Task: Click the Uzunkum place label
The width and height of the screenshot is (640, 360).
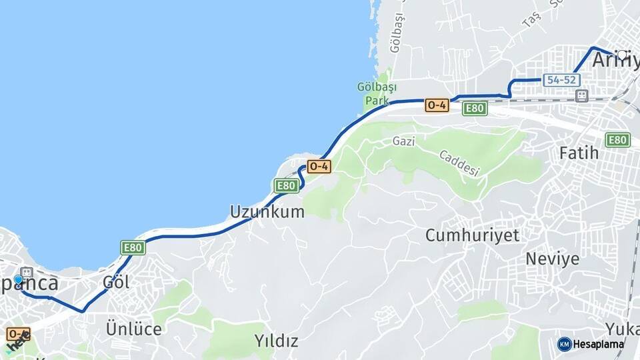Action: (x=267, y=212)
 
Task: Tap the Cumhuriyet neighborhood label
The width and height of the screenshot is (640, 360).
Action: (x=473, y=235)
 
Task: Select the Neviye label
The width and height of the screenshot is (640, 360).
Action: (x=553, y=259)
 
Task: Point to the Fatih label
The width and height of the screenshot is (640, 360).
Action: (x=579, y=153)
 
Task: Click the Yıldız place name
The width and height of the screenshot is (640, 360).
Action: (x=276, y=341)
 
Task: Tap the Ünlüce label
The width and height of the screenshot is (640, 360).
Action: (x=133, y=329)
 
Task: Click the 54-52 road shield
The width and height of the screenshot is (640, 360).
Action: (x=560, y=80)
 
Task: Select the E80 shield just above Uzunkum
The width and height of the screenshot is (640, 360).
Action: (x=287, y=185)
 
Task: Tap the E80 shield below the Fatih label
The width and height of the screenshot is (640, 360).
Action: (x=617, y=140)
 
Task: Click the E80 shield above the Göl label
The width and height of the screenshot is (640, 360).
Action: (x=133, y=248)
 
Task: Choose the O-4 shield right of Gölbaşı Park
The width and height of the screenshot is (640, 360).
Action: (x=437, y=105)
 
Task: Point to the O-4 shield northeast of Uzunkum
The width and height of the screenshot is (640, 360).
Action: (x=319, y=167)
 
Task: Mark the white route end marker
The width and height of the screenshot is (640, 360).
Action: (x=622, y=55)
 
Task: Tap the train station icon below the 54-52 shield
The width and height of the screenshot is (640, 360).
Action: (x=582, y=97)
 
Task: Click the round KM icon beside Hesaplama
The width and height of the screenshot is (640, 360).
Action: (x=565, y=344)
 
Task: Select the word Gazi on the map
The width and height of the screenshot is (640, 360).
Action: (x=403, y=141)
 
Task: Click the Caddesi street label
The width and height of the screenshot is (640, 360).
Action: (x=459, y=163)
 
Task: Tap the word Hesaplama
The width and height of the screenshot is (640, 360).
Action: (x=599, y=345)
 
